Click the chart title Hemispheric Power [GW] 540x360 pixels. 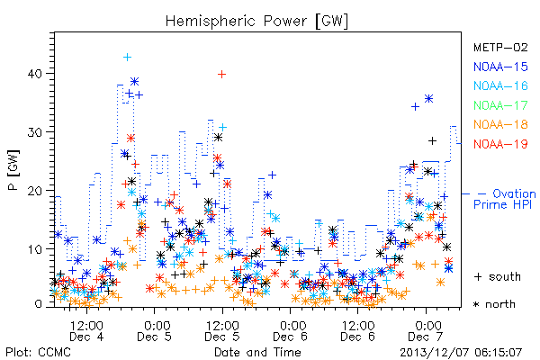(x=256, y=21)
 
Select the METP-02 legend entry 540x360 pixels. (x=500, y=47)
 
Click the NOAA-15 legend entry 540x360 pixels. (x=500, y=67)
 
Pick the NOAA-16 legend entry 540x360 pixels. (x=500, y=85)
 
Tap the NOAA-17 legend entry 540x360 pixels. (x=500, y=105)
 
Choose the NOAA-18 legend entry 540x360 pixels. (x=500, y=124)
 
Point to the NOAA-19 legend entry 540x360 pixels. (x=500, y=144)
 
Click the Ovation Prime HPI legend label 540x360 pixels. (x=504, y=199)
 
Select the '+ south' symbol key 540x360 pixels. (x=498, y=276)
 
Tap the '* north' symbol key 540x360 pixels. (x=494, y=304)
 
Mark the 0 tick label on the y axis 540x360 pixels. (x=39, y=304)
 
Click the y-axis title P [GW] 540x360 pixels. (x=13, y=169)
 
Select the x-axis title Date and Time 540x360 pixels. (x=257, y=352)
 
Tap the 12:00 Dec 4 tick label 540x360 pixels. (x=86, y=331)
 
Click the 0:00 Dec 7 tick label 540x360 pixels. (x=426, y=331)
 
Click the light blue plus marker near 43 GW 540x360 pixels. (x=128, y=58)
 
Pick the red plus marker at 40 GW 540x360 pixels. (x=221, y=74)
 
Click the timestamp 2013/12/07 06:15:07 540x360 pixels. (x=461, y=353)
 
